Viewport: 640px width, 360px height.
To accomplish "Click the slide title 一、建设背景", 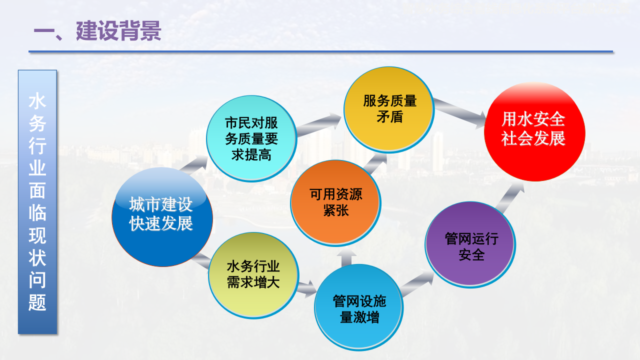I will click(x=97, y=31).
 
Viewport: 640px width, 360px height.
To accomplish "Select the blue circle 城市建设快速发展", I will click(x=161, y=215).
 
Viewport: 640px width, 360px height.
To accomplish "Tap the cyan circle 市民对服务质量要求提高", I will click(x=251, y=138).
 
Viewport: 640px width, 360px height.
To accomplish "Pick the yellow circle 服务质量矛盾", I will click(x=389, y=109).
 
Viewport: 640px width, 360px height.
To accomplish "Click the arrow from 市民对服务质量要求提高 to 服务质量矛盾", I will click(x=319, y=125).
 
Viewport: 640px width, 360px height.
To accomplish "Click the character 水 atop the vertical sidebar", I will click(x=37, y=101).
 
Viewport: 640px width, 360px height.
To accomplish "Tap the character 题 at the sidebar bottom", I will click(x=37, y=302).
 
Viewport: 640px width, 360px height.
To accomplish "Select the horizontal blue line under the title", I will click(x=320, y=51).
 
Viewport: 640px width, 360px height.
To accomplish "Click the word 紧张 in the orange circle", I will click(x=335, y=210).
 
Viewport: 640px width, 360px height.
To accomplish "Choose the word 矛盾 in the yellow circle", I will click(x=389, y=117).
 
